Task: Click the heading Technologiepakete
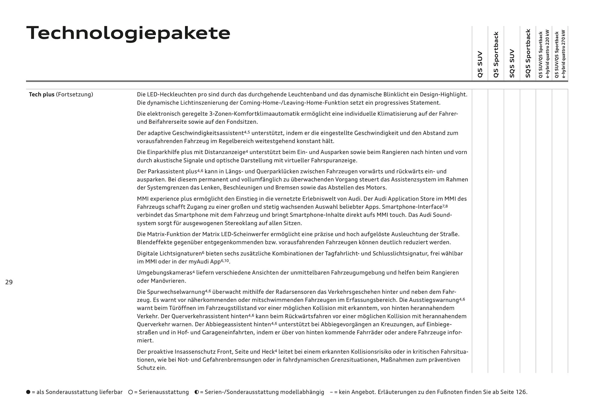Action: (x=128, y=33)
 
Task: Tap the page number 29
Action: (x=9, y=282)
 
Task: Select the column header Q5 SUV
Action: (x=480, y=64)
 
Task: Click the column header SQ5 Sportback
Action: (x=528, y=53)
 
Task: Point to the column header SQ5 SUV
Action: (x=512, y=63)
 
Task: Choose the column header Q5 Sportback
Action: (x=496, y=55)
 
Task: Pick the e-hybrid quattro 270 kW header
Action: (x=560, y=54)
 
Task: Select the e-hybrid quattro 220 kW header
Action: (x=544, y=54)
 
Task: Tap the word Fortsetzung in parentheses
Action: (x=74, y=94)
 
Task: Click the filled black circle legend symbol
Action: (x=28, y=392)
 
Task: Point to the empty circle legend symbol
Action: (x=131, y=392)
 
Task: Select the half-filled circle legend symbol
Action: (x=197, y=392)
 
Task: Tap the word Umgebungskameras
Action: (x=165, y=273)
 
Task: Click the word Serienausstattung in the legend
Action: (x=164, y=392)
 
